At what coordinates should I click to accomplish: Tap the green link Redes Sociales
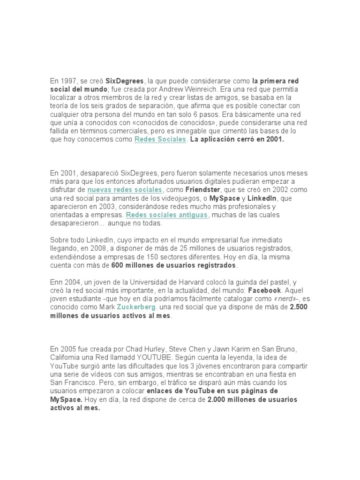coord(160,140)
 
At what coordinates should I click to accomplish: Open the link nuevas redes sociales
coord(125,190)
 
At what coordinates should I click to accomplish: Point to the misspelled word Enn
coord(56,282)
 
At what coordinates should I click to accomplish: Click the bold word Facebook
coord(266,291)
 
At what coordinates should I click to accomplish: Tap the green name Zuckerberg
coord(137,307)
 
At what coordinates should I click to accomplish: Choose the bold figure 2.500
coord(299,307)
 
